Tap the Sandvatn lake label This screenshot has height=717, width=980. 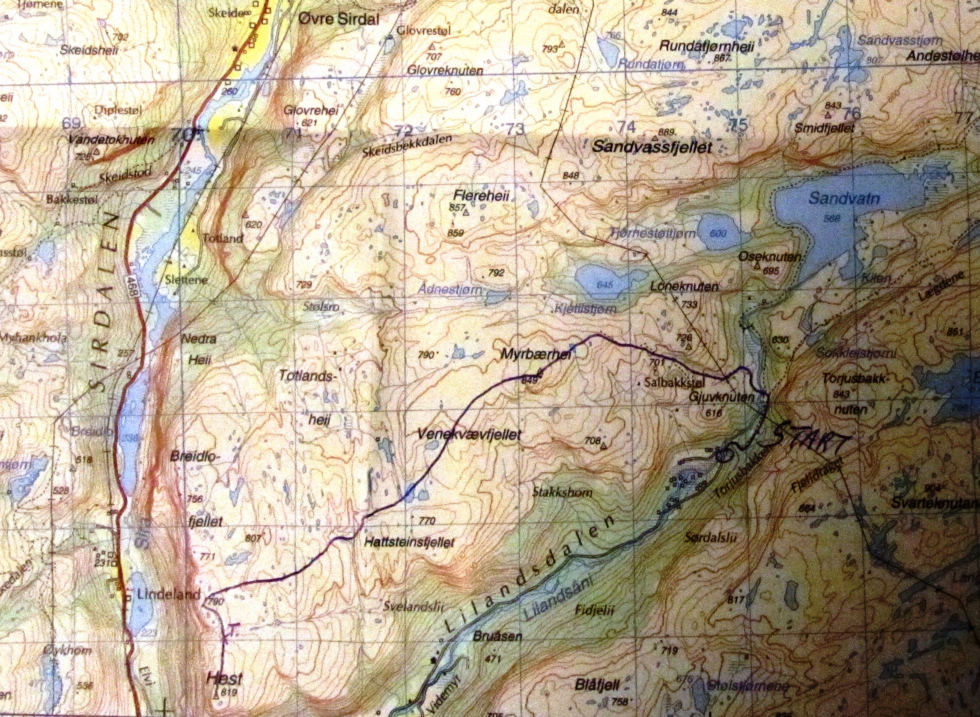844,199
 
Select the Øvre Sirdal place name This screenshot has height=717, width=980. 339,19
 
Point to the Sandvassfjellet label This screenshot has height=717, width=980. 652,147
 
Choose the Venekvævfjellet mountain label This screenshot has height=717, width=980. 469,434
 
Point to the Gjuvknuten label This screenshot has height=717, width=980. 721,397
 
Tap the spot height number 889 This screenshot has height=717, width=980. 666,132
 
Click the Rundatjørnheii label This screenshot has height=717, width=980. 707,46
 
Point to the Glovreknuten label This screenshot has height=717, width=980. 444,70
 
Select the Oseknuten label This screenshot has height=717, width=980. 769,257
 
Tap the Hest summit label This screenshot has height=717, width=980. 223,678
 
